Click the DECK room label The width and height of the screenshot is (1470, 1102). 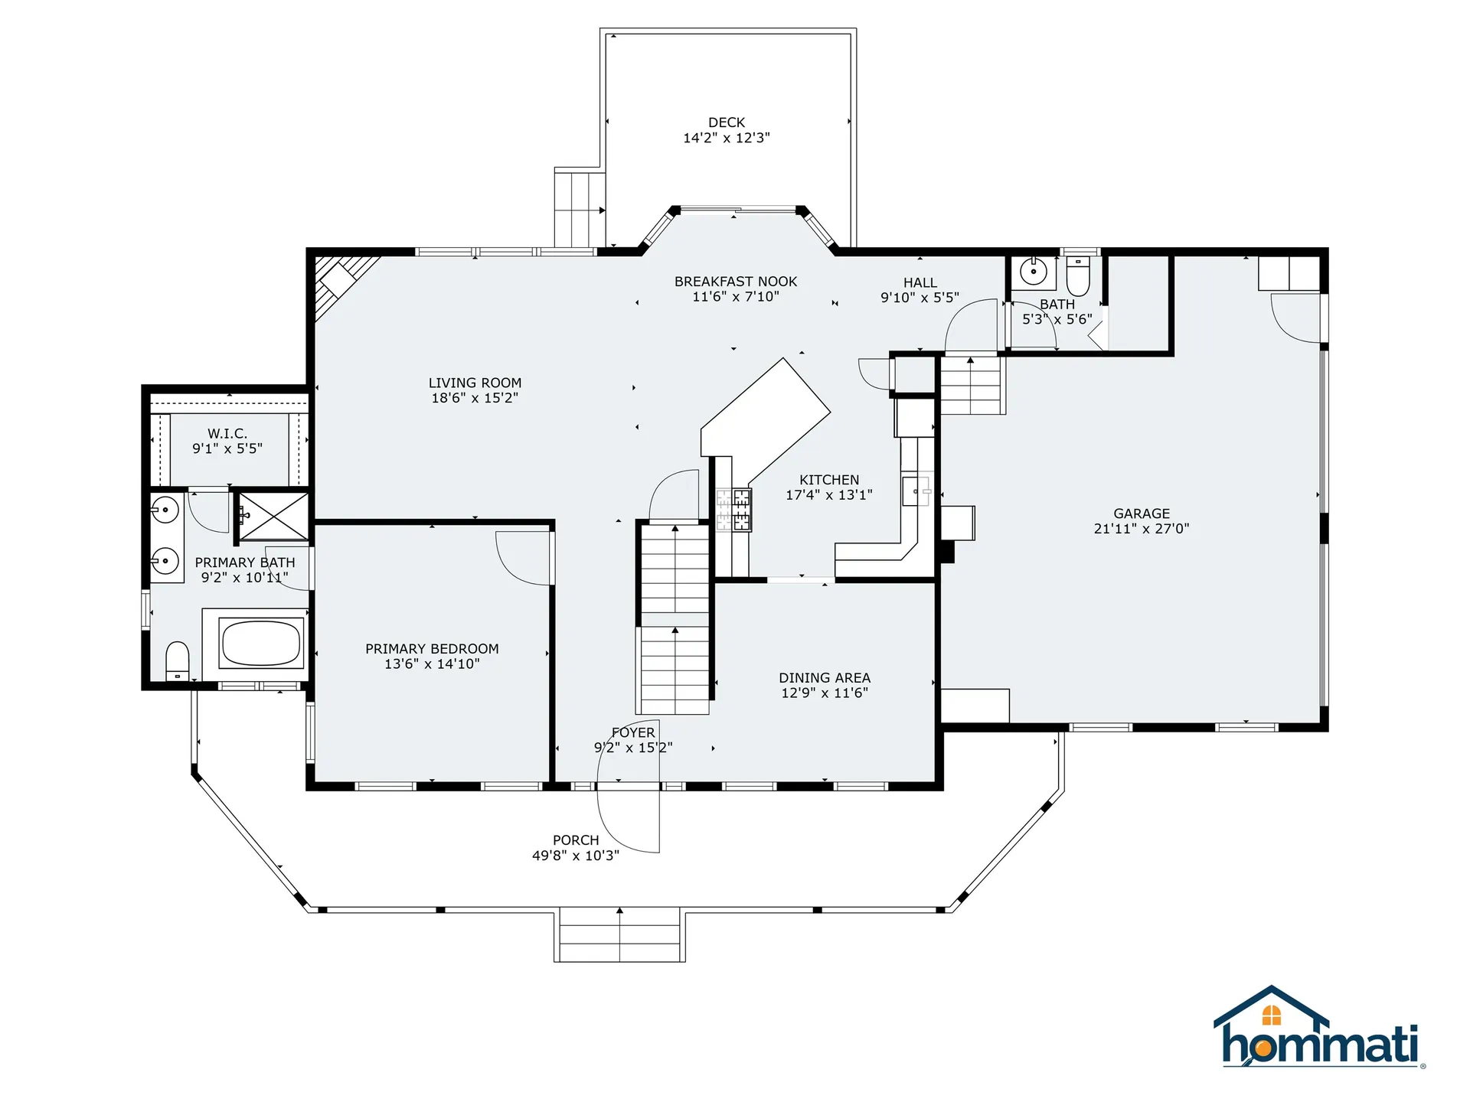click(x=727, y=122)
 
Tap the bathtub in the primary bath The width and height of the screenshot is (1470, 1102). click(x=261, y=643)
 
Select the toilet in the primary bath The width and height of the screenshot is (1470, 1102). click(x=177, y=661)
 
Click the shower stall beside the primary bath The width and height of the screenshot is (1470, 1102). click(x=274, y=517)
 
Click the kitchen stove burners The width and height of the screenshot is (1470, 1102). click(x=733, y=510)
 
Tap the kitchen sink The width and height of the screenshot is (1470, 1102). click(x=916, y=491)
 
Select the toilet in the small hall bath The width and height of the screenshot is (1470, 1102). click(x=1077, y=276)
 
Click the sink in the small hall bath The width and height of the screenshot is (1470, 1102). click(x=1034, y=272)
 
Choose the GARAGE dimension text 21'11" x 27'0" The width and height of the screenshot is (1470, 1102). click(x=1142, y=529)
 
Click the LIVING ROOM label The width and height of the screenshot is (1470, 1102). click(x=475, y=383)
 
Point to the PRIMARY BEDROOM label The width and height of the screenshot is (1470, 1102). click(x=432, y=649)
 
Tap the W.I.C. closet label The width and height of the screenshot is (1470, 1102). click(x=227, y=434)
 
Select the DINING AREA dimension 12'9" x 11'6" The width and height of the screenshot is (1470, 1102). click(x=825, y=693)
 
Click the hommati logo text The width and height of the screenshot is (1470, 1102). click(x=1320, y=1045)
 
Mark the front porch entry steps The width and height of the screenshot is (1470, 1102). click(x=619, y=934)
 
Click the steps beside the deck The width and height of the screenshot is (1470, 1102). click(x=580, y=208)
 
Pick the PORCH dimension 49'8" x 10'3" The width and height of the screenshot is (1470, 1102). click(x=576, y=856)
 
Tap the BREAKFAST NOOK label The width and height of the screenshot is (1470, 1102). click(x=736, y=282)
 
